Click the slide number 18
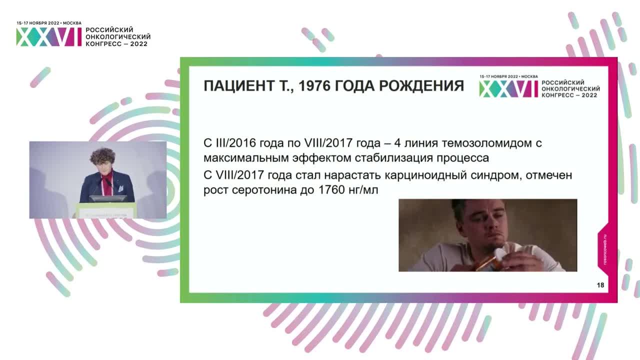[x=600, y=285]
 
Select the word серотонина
[x=259, y=191]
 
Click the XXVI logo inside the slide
[x=509, y=88]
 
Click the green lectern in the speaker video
[x=105, y=210]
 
